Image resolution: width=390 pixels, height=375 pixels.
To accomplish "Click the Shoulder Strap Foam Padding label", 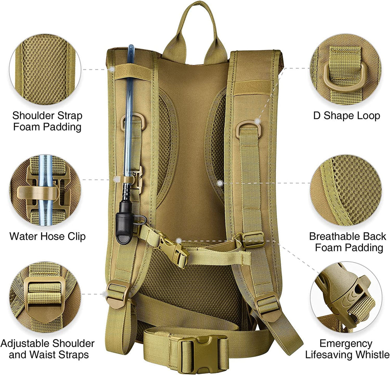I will [x=47, y=121].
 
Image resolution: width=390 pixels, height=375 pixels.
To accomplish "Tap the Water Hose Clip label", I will [x=47, y=236].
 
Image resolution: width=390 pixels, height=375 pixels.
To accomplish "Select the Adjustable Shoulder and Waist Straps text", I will [x=47, y=349].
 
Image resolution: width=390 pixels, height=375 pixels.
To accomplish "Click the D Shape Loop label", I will [x=346, y=115].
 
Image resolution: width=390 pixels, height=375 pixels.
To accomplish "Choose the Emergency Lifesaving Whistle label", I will [x=347, y=349].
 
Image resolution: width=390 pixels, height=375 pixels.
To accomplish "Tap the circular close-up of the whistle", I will [x=345, y=297].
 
